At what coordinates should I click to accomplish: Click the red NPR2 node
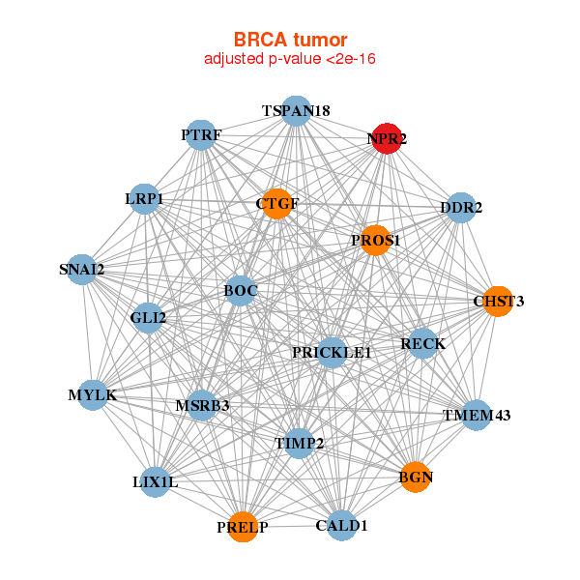point(387,138)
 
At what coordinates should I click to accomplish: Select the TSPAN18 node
point(297,111)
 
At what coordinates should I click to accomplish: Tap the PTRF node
point(201,135)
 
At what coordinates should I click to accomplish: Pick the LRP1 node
point(144,198)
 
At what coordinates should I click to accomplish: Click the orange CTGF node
point(277,204)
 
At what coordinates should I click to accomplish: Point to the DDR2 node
point(461,207)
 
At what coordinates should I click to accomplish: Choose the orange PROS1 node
point(376,240)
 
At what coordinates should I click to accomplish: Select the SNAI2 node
point(82,269)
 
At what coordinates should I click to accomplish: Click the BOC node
point(240,290)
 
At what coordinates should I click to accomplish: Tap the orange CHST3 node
point(498,302)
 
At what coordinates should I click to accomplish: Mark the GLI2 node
point(148,317)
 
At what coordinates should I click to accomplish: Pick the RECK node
point(422,343)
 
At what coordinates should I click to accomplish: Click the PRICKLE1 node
point(332,353)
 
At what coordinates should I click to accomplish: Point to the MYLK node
point(93,395)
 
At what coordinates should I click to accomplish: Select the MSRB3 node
point(202,405)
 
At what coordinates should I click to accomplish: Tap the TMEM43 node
point(476,416)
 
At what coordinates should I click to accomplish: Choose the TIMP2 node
point(299,443)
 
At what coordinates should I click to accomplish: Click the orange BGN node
point(416,478)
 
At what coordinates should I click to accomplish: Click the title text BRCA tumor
point(290,40)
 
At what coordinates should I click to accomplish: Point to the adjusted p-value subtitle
point(290,59)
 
